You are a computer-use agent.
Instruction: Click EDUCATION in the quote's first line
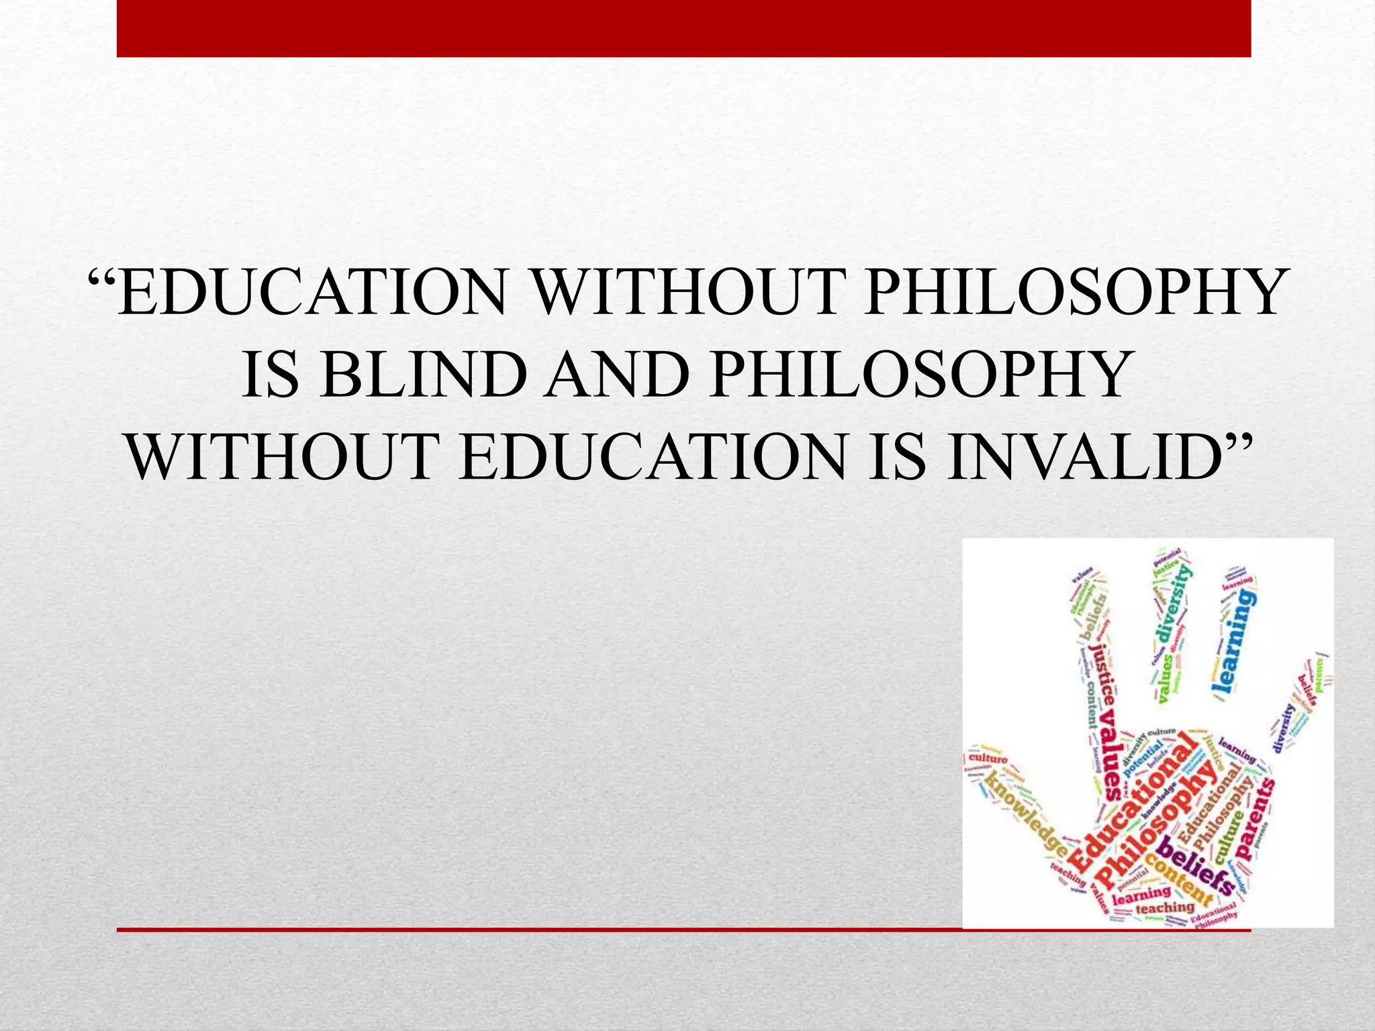(x=312, y=293)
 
